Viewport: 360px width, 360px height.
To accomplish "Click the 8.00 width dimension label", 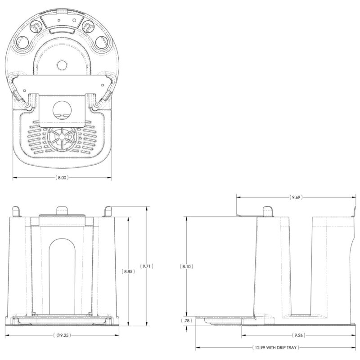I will point(62,178).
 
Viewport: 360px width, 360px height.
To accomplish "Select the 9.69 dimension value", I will point(296,198).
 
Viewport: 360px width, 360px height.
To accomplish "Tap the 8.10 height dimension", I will point(187,266).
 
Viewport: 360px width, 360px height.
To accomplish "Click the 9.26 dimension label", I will point(297,336).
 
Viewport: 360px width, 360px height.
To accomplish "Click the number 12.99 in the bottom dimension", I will point(258,348).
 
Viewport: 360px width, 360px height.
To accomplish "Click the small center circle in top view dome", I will point(62,66).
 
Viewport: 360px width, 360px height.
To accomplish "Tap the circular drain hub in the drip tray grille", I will point(62,138).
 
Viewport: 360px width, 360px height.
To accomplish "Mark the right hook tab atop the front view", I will point(108,211).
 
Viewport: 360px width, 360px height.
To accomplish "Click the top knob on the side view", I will point(268,211).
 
